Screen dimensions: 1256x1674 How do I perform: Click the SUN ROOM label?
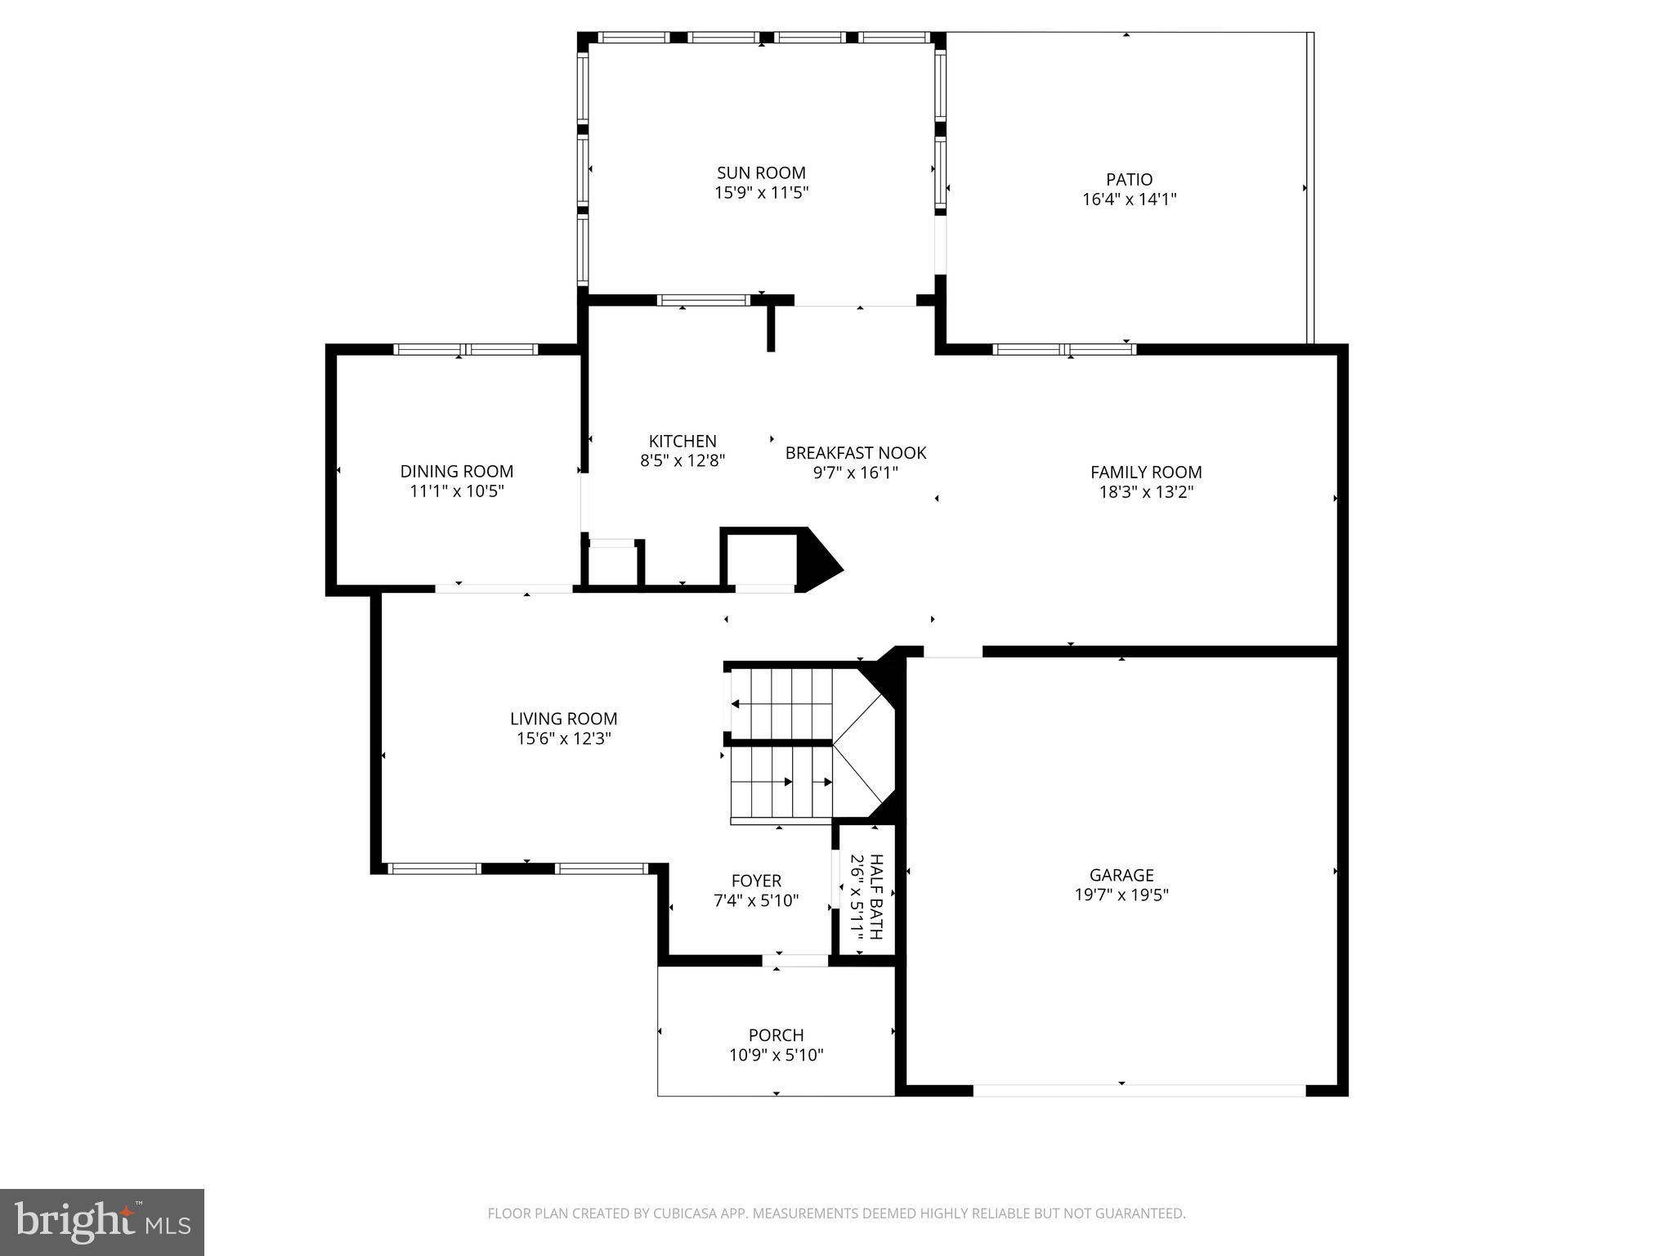coord(761,173)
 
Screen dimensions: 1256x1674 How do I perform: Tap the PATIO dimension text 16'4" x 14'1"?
coord(1129,199)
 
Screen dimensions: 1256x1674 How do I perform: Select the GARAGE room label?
coord(1121,875)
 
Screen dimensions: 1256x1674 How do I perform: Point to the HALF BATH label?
coord(876,896)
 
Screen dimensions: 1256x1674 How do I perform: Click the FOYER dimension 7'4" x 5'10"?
coord(755,901)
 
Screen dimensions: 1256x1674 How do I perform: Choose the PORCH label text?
coord(776,1035)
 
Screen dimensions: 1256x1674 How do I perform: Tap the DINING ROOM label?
coord(456,471)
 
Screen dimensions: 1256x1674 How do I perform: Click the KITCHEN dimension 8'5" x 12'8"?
coord(683,460)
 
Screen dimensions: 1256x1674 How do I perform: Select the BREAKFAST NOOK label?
coord(855,452)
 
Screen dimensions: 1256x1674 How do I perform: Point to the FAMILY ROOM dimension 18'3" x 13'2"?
coord(1146,492)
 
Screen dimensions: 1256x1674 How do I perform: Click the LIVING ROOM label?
coord(563,719)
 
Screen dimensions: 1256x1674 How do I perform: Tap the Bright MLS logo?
coord(102,1222)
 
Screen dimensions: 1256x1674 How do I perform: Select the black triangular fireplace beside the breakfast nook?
coord(817,560)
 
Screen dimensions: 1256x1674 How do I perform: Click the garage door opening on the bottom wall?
coord(1139,1090)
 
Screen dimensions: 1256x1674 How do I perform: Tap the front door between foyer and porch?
coord(795,961)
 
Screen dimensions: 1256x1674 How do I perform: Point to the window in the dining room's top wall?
coord(465,349)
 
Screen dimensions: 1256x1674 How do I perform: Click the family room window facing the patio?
coord(1064,349)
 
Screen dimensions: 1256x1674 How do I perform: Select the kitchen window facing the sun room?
coord(703,300)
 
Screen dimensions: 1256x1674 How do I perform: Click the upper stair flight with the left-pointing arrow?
coord(781,703)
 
